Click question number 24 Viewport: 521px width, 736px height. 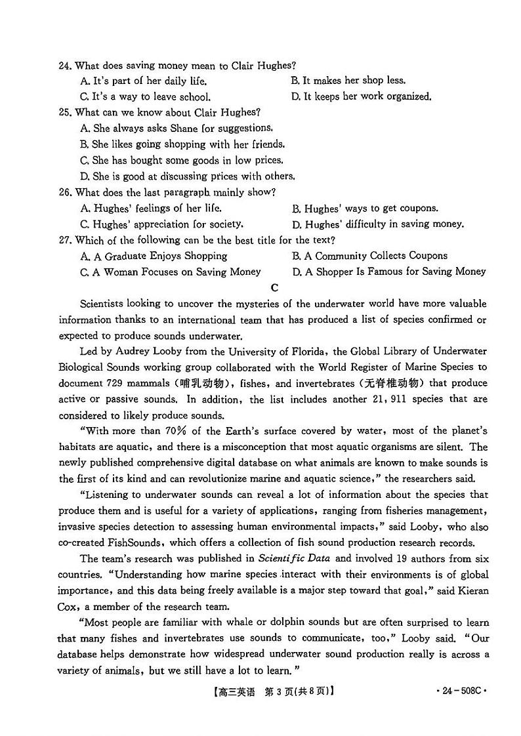coord(64,66)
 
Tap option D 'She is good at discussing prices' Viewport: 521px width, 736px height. coord(187,176)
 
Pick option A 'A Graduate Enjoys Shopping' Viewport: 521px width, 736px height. coord(154,256)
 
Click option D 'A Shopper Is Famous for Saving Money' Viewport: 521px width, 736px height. coord(388,272)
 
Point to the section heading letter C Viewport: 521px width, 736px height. coord(274,287)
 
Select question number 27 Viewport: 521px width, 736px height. coord(64,240)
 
